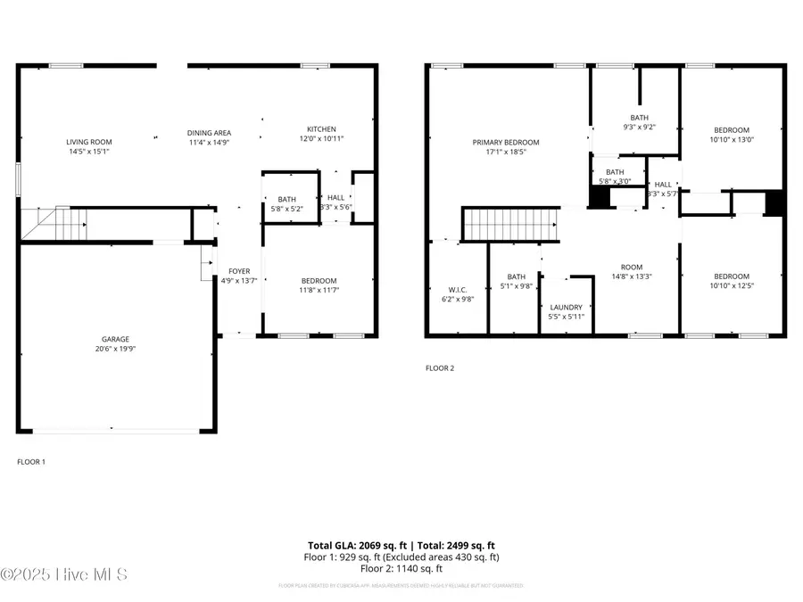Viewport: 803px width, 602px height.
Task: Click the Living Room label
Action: pyautogui.click(x=87, y=142)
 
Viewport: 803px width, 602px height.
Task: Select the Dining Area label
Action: pyautogui.click(x=210, y=133)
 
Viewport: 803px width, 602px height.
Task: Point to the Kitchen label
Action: pyautogui.click(x=321, y=129)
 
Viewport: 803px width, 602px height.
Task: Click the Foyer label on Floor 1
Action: pyautogui.click(x=239, y=271)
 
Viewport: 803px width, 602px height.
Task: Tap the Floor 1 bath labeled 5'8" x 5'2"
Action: pyautogui.click(x=286, y=200)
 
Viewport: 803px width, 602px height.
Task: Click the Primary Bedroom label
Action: pyautogui.click(x=506, y=143)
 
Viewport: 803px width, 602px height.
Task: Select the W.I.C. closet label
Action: pyautogui.click(x=458, y=290)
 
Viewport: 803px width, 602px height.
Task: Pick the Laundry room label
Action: pyautogui.click(x=566, y=308)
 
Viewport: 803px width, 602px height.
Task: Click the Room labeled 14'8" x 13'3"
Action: pyautogui.click(x=632, y=268)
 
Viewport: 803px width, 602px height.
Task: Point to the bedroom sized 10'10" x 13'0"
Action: pyautogui.click(x=731, y=130)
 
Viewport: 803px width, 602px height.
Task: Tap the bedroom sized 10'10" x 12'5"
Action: pyautogui.click(x=731, y=276)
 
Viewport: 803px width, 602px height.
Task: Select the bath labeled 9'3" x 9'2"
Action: pyautogui.click(x=639, y=118)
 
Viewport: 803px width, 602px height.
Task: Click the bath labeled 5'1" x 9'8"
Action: pyautogui.click(x=517, y=276)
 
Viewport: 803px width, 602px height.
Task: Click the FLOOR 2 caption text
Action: pyautogui.click(x=439, y=367)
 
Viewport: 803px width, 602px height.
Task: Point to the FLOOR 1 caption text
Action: pyautogui.click(x=31, y=462)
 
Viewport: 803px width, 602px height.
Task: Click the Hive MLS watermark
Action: pyautogui.click(x=64, y=574)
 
